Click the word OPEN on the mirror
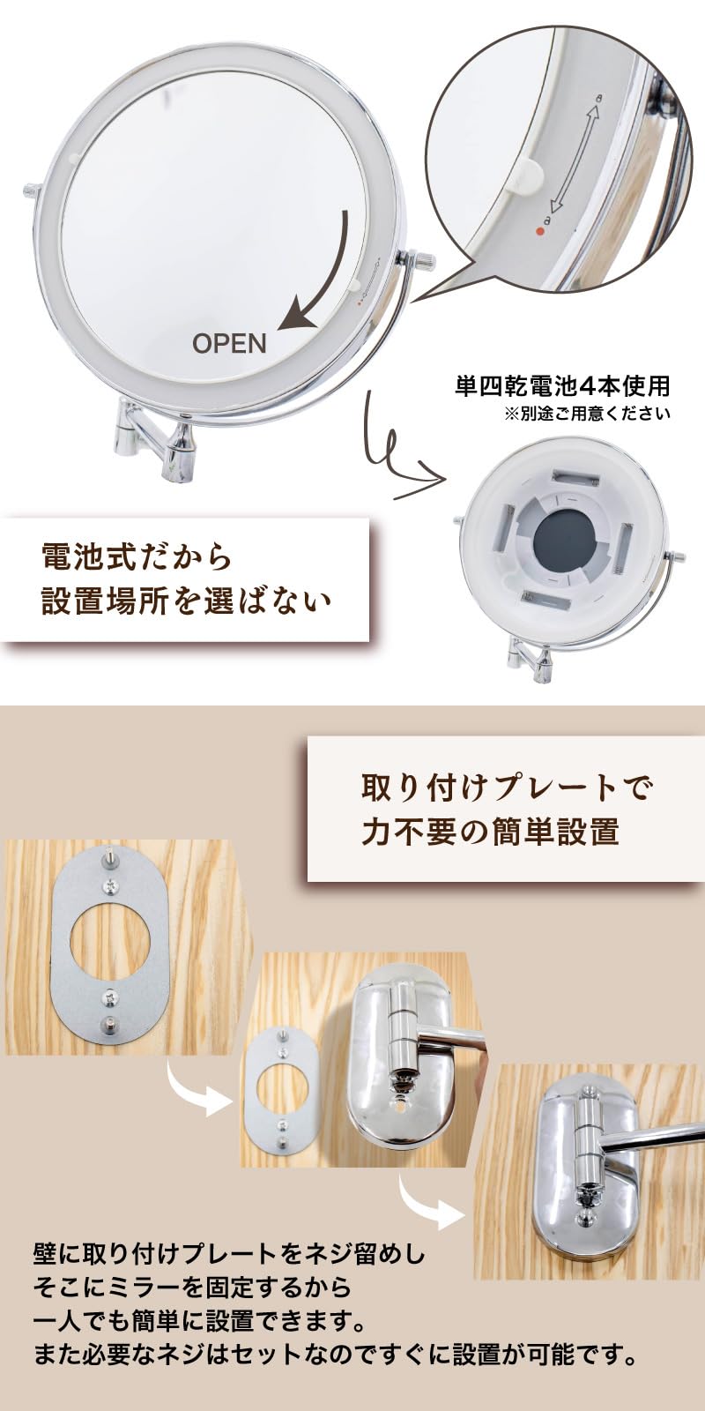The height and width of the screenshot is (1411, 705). [x=229, y=343]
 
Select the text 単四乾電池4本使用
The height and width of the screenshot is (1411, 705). [x=562, y=385]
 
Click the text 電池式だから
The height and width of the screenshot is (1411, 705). [x=137, y=556]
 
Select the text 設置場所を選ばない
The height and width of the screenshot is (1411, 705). [x=186, y=601]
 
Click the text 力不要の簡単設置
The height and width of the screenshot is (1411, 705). [x=490, y=832]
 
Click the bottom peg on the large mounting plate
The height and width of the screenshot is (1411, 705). [x=110, y=1025]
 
